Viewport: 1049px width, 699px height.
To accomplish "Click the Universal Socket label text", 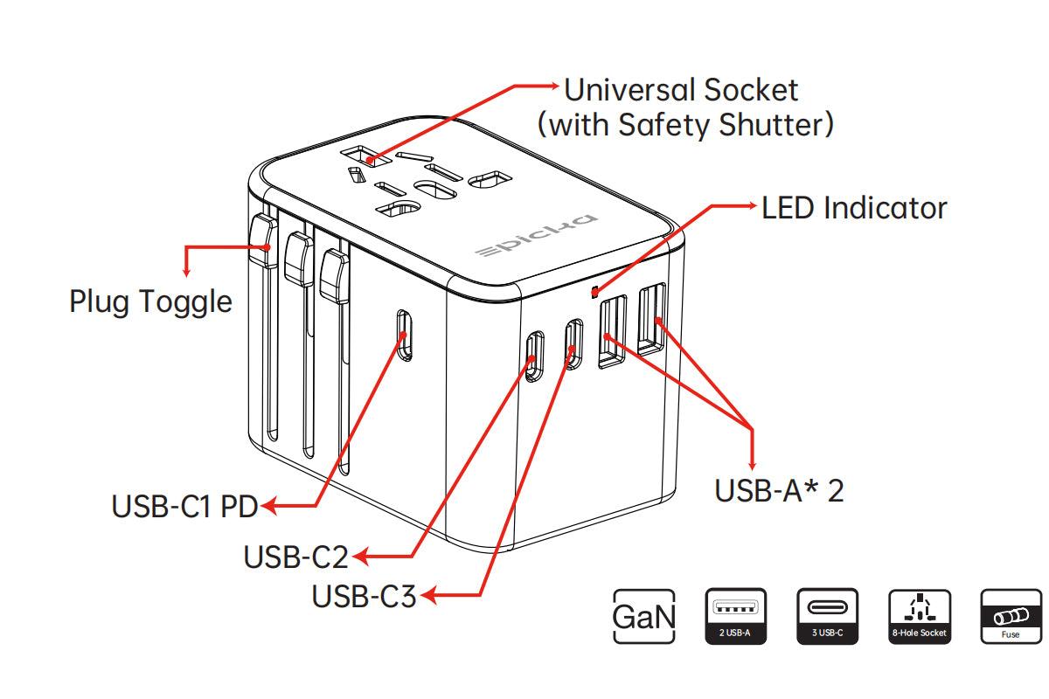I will [681, 90].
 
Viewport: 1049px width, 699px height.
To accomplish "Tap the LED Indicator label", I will [854, 208].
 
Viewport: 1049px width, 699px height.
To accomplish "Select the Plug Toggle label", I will [150, 301].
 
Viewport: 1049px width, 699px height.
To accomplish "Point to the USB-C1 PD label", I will [184, 506].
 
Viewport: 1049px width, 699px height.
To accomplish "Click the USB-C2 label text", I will [295, 557].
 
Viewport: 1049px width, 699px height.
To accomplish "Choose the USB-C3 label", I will [364, 597].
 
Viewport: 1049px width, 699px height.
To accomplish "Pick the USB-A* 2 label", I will [779, 490].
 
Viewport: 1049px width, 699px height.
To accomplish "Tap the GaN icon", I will [644, 617].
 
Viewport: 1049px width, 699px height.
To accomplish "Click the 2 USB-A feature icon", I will [735, 617].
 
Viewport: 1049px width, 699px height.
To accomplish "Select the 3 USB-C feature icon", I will [827, 617].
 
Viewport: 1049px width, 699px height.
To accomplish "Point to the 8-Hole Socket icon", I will [919, 617].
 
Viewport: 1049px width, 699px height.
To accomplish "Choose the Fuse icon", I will [1011, 617].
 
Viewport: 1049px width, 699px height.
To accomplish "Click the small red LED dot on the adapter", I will [595, 290].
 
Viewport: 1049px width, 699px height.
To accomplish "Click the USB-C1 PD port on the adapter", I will [404, 335].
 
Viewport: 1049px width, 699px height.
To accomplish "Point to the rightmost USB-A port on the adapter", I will [651, 319].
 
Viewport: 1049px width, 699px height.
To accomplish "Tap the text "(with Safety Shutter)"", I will [685, 125].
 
